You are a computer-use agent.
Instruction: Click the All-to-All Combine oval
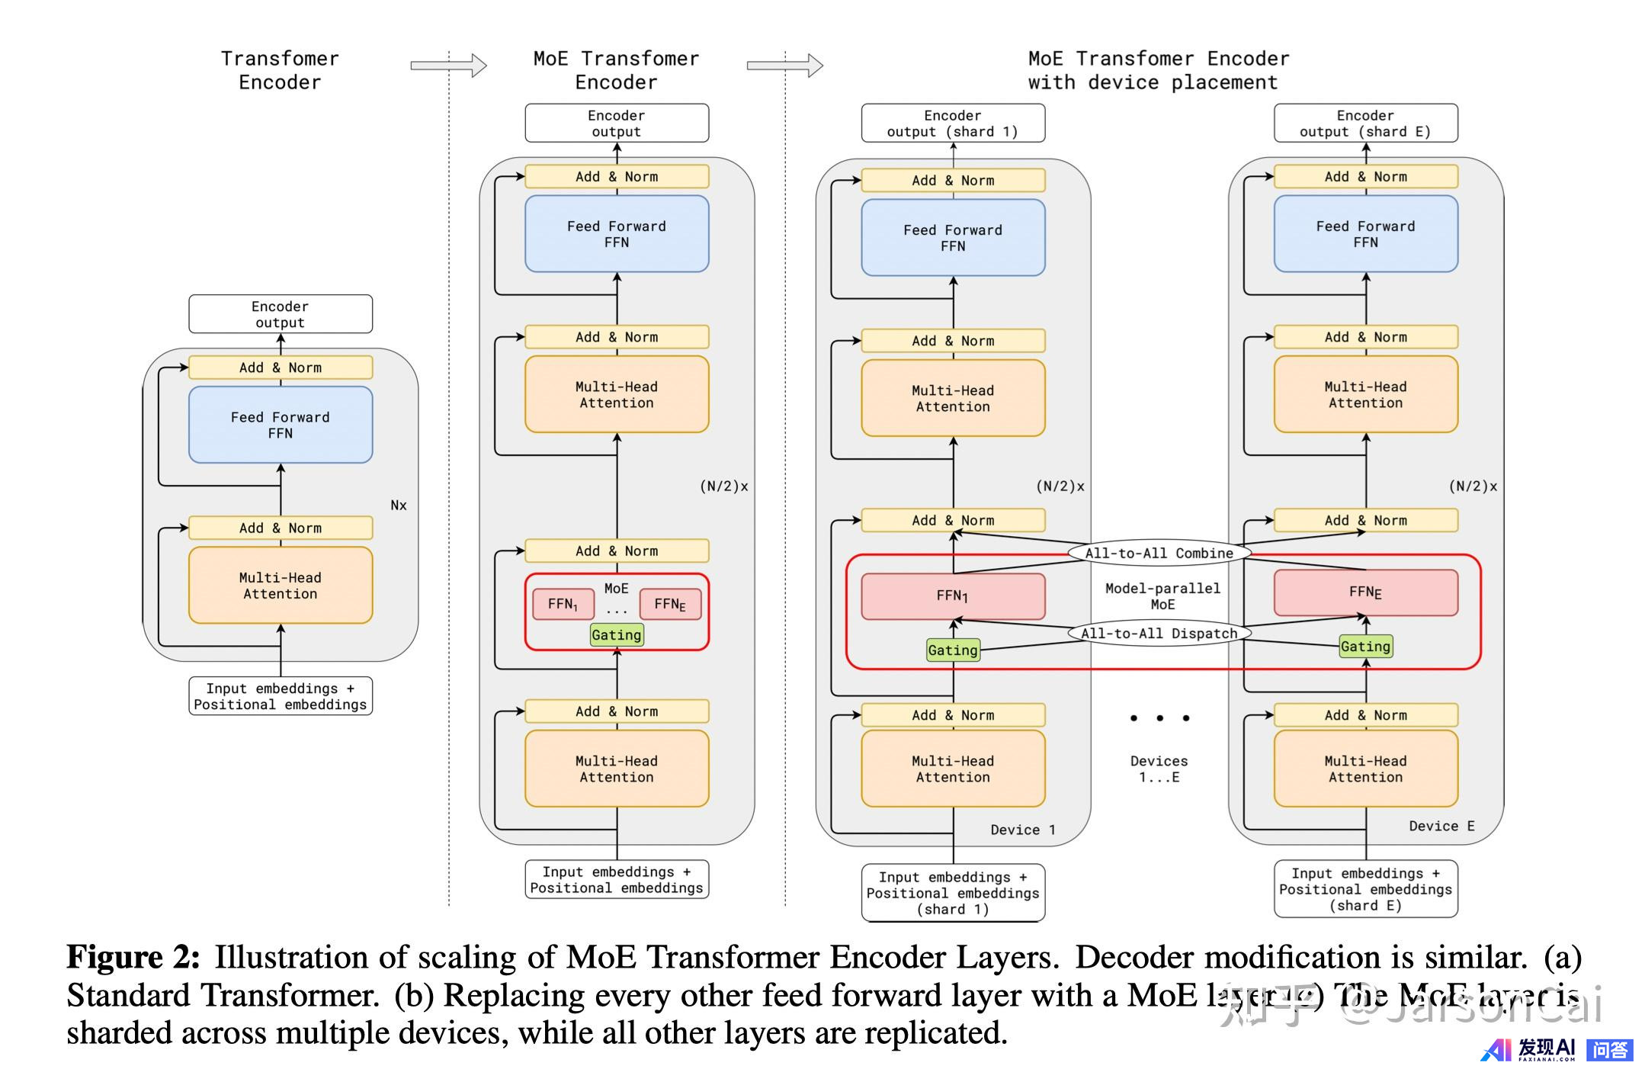1159,553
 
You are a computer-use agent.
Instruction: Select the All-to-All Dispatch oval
1159,633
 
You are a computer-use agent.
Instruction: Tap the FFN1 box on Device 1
953,596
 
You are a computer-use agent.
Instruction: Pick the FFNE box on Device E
1365,592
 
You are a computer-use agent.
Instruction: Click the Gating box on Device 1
953,650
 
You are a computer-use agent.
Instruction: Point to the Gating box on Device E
1365,647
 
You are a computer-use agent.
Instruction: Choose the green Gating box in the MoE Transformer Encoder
617,635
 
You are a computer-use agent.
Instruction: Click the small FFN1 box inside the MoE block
563,604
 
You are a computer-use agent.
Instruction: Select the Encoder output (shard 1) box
953,124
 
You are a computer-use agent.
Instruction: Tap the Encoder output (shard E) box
1365,124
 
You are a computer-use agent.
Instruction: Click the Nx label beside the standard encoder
399,506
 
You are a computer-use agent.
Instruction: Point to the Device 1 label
1023,830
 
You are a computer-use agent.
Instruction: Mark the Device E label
1441,826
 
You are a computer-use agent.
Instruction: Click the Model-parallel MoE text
1162,596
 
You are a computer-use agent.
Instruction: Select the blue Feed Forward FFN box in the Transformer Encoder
281,425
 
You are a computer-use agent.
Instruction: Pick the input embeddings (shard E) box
1365,889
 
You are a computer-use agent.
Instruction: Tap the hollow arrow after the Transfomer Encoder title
448,66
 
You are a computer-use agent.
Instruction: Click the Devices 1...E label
1159,769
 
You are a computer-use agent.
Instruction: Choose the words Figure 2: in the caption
133,958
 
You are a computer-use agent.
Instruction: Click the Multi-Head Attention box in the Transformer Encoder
281,586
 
